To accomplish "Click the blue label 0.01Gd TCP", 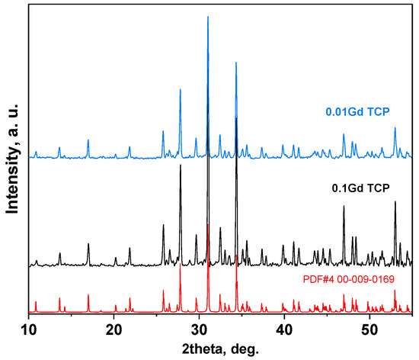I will coord(358,111).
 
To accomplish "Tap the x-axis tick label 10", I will coord(29,329).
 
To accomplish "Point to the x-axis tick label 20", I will coord(114,329).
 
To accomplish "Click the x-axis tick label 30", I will coord(200,329).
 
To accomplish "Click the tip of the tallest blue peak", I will coord(208,17).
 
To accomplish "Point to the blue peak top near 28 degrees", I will coord(181,90).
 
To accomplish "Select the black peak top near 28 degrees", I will coord(181,166).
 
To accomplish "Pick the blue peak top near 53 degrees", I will coord(395,128).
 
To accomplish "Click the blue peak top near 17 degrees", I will coord(88,140).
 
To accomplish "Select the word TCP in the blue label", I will coord(379,111).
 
